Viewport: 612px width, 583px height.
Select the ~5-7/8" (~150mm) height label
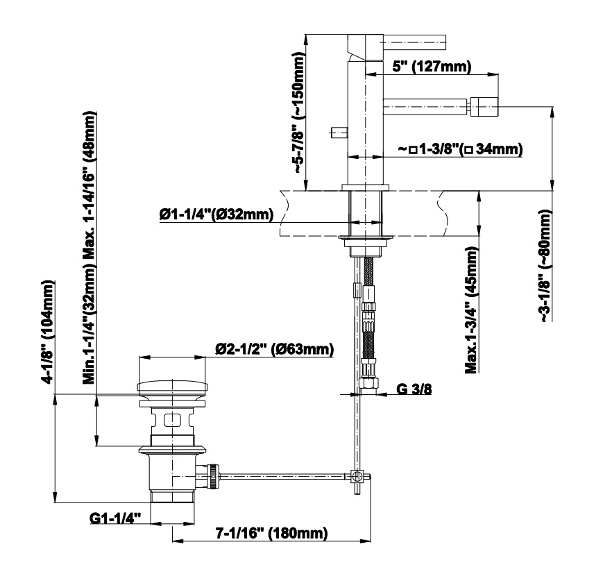298,113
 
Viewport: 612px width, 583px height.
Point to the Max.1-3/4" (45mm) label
472,310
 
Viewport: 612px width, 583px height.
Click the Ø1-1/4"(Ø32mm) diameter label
216,214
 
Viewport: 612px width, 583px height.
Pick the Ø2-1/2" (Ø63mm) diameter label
274,348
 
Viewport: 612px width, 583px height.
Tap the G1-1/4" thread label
114,518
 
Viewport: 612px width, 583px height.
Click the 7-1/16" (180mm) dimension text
272,532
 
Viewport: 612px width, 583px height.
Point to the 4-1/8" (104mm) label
48,332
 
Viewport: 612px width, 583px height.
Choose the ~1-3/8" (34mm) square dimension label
460,149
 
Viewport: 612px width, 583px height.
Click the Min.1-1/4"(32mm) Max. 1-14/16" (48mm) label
90,248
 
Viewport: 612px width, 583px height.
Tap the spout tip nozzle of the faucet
484,106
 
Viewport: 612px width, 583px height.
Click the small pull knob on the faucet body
339,133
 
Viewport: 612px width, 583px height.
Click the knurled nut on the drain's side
213,475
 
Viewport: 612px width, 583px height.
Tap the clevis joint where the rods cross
357,476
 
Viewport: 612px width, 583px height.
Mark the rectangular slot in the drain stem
172,421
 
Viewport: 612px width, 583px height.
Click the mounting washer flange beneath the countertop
366,237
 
